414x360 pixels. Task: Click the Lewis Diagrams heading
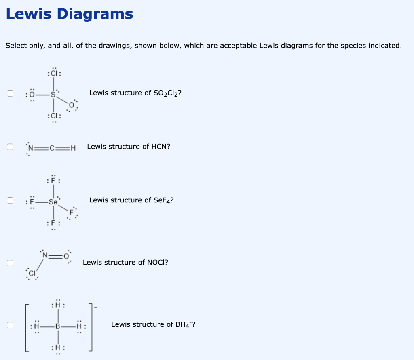(x=69, y=14)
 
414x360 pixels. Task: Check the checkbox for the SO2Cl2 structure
(x=10, y=93)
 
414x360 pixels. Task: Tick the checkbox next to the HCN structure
(x=10, y=147)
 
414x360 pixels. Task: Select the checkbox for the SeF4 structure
(x=10, y=200)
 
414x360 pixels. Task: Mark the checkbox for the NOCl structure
(x=10, y=263)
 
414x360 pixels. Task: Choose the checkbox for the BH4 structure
(x=10, y=324)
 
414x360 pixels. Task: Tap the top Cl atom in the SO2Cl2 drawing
(x=55, y=74)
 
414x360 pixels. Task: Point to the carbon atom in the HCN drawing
(x=51, y=147)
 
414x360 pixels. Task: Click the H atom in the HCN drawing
(x=73, y=147)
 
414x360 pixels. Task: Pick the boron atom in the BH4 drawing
(x=57, y=325)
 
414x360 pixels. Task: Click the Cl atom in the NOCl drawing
(x=32, y=274)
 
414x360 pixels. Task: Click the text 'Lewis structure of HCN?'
(x=129, y=147)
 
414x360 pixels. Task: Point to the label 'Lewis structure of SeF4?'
(x=131, y=200)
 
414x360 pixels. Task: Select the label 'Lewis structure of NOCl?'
(x=125, y=263)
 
